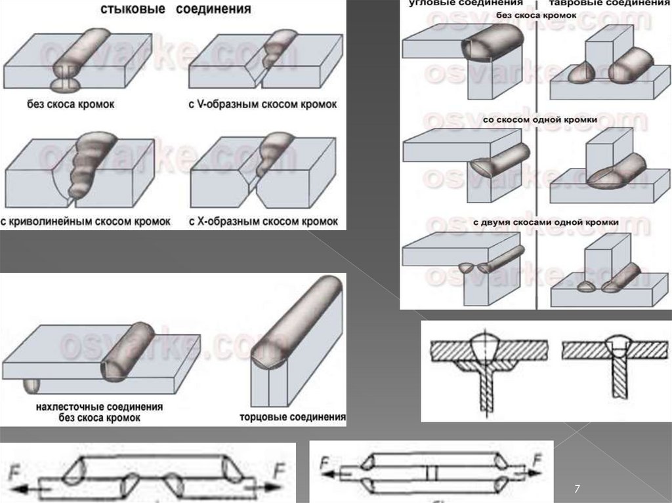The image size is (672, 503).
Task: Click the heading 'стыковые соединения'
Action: pos(175,10)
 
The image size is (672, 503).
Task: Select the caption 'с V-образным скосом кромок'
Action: pos(262,104)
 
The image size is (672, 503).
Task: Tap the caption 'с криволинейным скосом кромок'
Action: pos(85,221)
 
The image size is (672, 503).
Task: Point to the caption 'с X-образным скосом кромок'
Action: pos(263,221)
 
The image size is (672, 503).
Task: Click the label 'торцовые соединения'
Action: pos(293,416)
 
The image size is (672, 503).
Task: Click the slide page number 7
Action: pos(577,489)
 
